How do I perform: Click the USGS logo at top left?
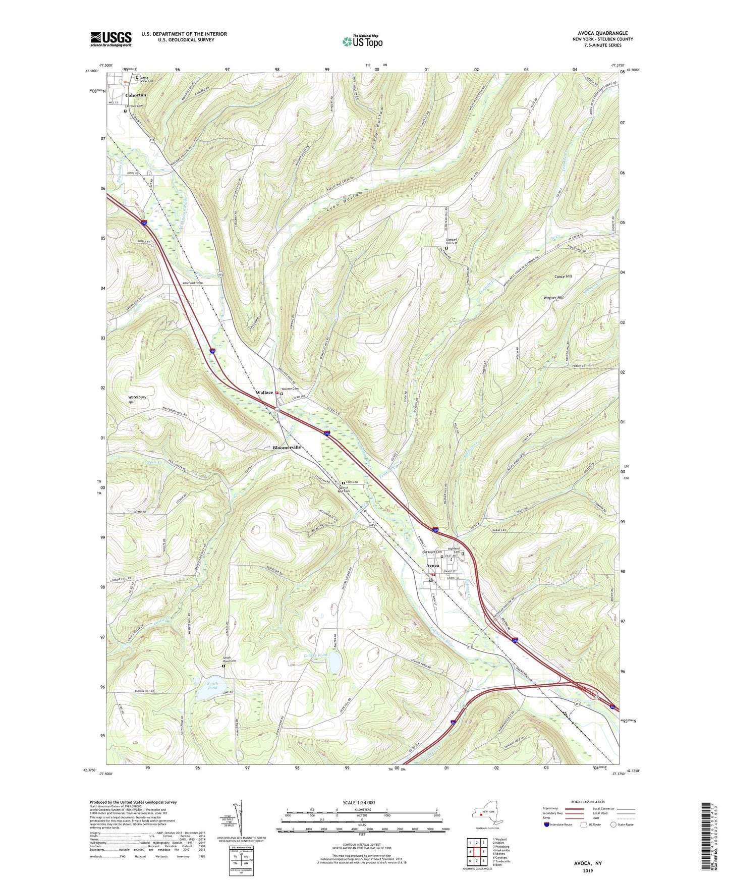(x=111, y=39)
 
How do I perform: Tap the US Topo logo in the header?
(x=362, y=41)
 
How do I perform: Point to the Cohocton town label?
(x=135, y=95)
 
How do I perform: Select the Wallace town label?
(x=264, y=393)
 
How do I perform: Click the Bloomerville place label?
(x=287, y=448)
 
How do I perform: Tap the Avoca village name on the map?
(x=432, y=566)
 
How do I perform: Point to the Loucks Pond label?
(x=316, y=655)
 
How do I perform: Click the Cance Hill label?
(x=563, y=277)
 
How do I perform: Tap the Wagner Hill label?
(x=553, y=298)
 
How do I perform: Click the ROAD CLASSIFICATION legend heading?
(x=587, y=802)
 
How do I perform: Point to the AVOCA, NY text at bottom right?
(x=587, y=863)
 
